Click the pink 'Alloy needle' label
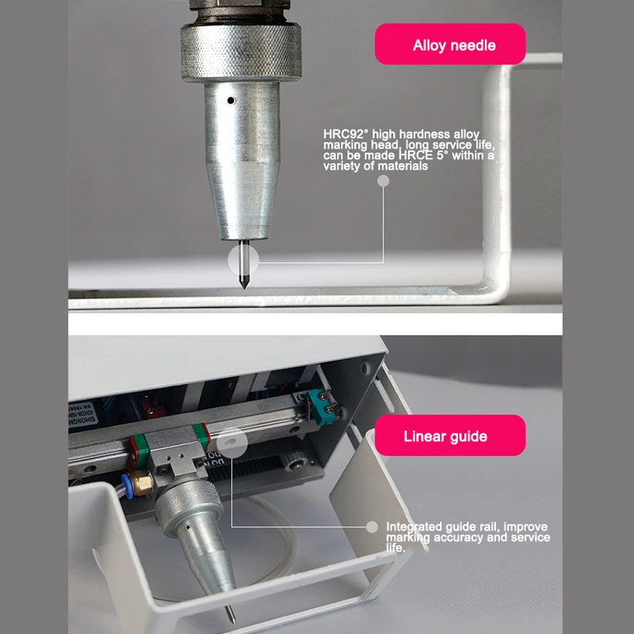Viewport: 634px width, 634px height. click(450, 44)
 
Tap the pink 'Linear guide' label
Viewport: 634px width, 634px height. click(450, 436)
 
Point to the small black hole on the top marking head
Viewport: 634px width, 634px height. click(229, 101)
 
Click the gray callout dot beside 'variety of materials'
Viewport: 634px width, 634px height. click(383, 181)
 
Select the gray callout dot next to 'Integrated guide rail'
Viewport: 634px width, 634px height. click(372, 526)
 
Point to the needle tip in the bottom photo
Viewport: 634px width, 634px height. click(231, 616)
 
